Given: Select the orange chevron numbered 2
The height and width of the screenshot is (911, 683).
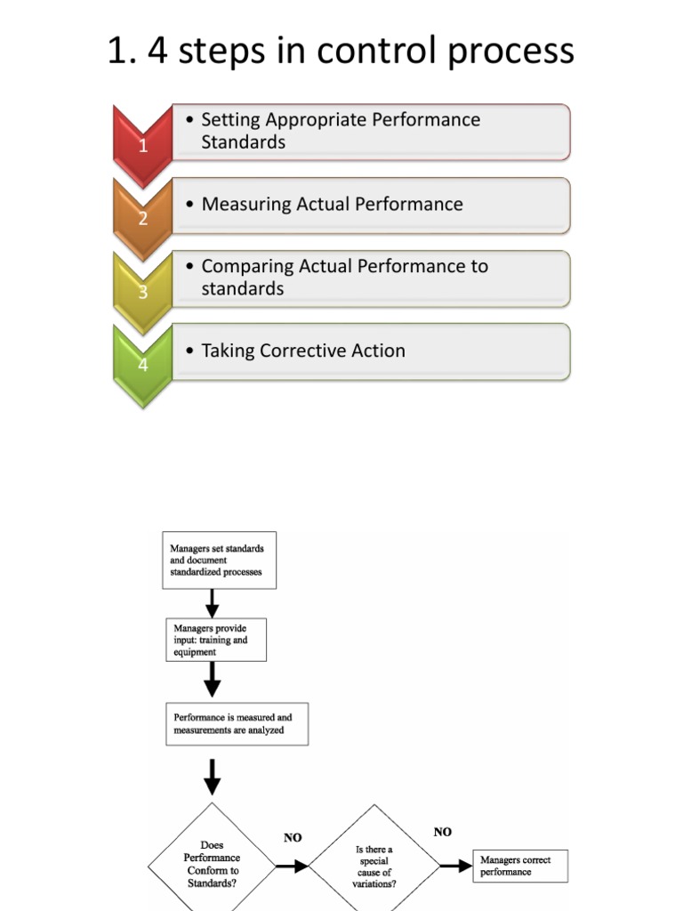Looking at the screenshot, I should coord(143,216).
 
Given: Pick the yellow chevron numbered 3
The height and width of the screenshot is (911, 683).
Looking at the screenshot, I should coord(143,289).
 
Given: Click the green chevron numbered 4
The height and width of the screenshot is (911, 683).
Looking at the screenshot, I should coord(143,362).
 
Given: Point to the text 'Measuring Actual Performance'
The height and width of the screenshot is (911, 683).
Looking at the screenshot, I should coord(332,204).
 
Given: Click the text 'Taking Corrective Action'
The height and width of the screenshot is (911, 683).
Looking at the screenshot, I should coord(303,351).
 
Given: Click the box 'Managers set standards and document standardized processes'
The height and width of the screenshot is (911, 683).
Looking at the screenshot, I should coord(219,560).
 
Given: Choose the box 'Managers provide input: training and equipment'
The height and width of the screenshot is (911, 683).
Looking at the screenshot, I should coord(215,641).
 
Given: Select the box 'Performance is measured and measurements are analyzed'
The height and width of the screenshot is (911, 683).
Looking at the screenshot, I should coord(237,724).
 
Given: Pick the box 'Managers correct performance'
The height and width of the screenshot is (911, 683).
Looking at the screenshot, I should coord(519,866).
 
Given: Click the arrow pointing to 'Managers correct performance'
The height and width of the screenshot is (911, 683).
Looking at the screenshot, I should coord(455,866).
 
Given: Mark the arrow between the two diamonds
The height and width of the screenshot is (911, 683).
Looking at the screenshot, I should coord(292,865).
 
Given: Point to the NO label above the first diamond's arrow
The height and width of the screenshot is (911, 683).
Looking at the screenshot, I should coord(293,837).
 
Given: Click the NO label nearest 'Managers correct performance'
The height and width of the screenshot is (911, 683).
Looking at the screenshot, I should coord(442,832).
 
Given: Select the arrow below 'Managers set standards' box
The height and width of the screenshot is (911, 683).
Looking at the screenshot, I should coord(212,604).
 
